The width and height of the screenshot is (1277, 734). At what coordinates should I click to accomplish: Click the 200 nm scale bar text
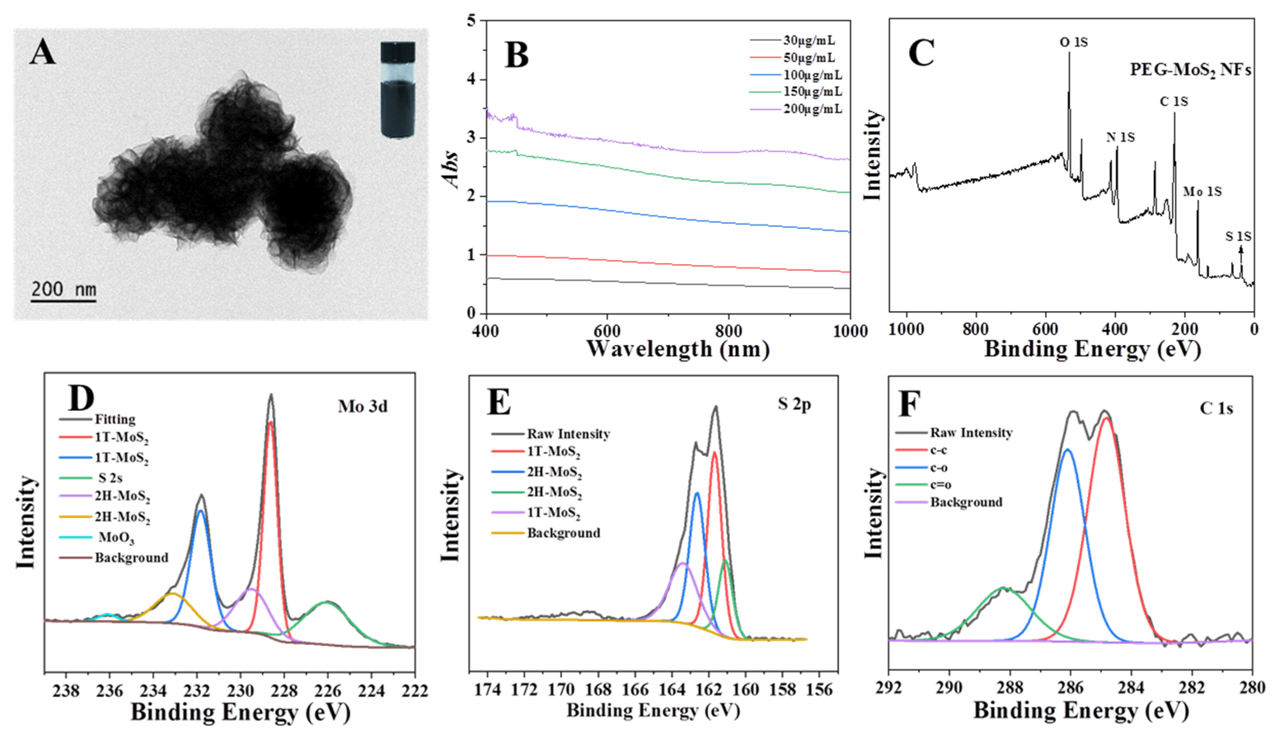coord(63,289)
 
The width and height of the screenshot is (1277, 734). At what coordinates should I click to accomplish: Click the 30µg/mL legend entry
coord(808,40)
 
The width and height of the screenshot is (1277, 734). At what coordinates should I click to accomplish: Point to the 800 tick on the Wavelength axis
coord(729,331)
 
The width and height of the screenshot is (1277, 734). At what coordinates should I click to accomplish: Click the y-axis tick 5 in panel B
coord(471,21)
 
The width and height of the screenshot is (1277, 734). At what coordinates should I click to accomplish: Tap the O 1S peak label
coord(1073,42)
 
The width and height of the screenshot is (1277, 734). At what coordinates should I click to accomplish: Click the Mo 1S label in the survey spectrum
coord(1202,192)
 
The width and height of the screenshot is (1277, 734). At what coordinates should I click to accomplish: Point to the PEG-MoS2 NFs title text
coord(1190,70)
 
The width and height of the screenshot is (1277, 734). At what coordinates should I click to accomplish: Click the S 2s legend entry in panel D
coord(110,477)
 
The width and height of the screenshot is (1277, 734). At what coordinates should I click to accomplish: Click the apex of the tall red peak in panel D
coord(271,422)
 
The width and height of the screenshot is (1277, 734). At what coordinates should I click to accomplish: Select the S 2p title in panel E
coord(794,404)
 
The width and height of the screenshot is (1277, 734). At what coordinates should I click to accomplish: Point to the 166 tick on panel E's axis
coord(635,689)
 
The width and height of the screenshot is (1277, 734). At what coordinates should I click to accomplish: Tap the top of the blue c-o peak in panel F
coord(1067,450)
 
